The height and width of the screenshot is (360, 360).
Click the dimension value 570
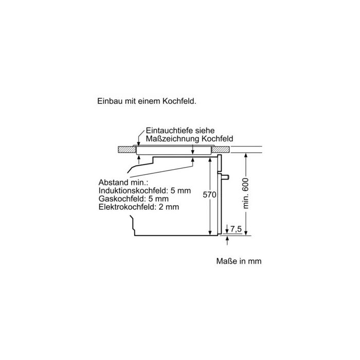point(209,195)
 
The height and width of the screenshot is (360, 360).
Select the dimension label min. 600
point(246,193)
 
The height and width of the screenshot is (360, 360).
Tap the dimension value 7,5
point(236,229)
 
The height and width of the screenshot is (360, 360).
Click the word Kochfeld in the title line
point(179,101)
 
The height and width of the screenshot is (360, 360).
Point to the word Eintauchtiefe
point(169,131)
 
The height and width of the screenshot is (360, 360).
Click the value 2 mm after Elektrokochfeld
point(169,207)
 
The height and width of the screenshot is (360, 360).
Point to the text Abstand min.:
point(123,182)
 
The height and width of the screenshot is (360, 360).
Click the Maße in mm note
point(239,261)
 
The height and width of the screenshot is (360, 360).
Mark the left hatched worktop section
point(127,150)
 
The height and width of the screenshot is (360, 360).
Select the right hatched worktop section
point(221,150)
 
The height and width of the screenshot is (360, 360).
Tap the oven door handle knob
point(225,177)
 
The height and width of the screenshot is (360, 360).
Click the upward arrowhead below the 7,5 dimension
point(227,239)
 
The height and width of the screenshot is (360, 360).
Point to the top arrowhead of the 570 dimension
point(210,160)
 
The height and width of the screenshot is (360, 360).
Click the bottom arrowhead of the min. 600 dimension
point(246,232)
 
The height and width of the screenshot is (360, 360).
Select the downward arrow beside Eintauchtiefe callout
point(138,140)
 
